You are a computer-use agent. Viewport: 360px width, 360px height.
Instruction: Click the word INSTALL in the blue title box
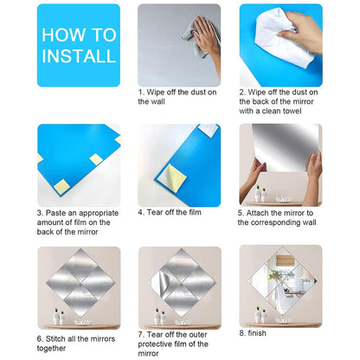(x=78, y=56)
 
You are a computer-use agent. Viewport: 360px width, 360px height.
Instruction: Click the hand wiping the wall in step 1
(x=206, y=35)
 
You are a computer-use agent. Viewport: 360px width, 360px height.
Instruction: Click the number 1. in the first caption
(x=142, y=91)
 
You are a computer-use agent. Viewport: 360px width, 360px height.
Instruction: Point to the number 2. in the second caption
(x=243, y=91)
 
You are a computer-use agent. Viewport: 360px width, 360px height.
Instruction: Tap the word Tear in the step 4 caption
(x=158, y=211)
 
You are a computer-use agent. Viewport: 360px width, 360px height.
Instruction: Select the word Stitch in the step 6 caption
(x=58, y=338)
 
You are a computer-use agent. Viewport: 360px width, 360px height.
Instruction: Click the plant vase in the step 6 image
(x=59, y=316)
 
